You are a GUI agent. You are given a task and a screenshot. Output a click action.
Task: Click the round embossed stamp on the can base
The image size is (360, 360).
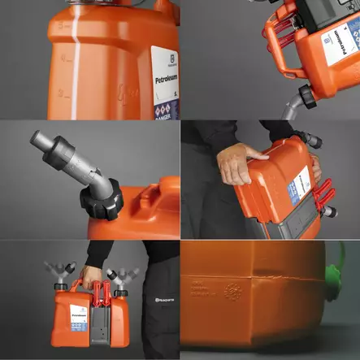point(232,290)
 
